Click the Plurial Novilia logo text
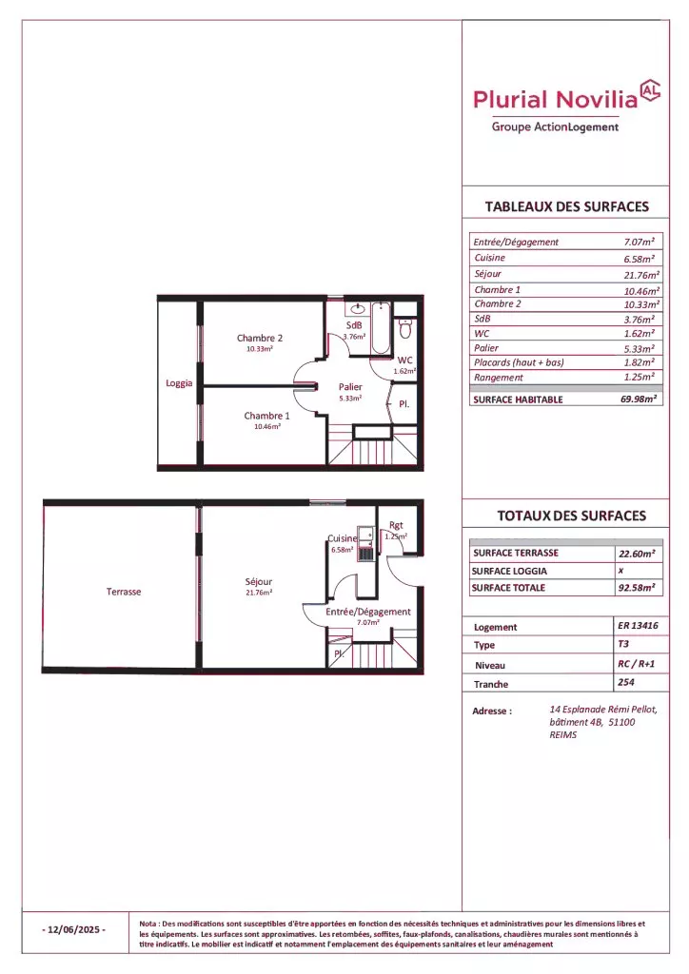[x=556, y=99]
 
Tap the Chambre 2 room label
[x=260, y=338]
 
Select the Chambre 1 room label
[x=266, y=416]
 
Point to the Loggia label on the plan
[x=179, y=383]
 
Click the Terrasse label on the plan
[x=124, y=592]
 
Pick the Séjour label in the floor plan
[x=259, y=581]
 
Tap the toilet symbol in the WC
[x=405, y=327]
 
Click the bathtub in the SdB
[x=381, y=327]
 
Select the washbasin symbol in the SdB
[x=358, y=308]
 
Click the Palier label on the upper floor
[x=350, y=387]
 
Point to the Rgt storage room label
[x=396, y=525]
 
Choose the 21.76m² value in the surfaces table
[x=641, y=275]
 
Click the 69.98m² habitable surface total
[x=639, y=399]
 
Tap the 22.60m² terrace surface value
[x=637, y=554]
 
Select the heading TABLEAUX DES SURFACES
[x=566, y=206]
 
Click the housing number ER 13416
[x=638, y=626]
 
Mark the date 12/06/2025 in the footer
[x=74, y=929]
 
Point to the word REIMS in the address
[x=562, y=735]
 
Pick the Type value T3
[x=623, y=644]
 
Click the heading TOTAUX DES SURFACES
[x=572, y=516]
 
